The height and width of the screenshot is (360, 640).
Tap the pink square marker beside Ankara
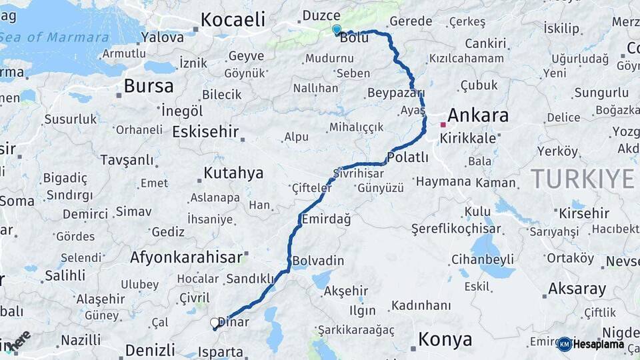click(443, 125)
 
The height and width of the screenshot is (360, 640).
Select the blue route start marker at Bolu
click(337, 29)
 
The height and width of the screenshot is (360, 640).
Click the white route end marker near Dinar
click(215, 323)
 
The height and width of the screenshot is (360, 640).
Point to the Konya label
click(445, 339)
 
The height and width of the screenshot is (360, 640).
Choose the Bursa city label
click(149, 86)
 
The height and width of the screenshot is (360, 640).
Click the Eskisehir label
click(205, 131)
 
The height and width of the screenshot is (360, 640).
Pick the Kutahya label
click(233, 173)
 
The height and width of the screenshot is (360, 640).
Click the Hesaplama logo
click(591, 344)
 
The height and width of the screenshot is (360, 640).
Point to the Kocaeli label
click(233, 19)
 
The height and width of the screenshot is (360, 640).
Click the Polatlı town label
click(407, 157)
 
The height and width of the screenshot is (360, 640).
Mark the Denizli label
click(149, 349)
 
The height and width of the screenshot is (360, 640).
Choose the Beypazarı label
click(395, 92)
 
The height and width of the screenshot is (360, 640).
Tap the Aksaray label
click(577, 289)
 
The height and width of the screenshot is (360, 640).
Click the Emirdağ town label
click(326, 219)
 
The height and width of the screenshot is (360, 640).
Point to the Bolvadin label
click(318, 261)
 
